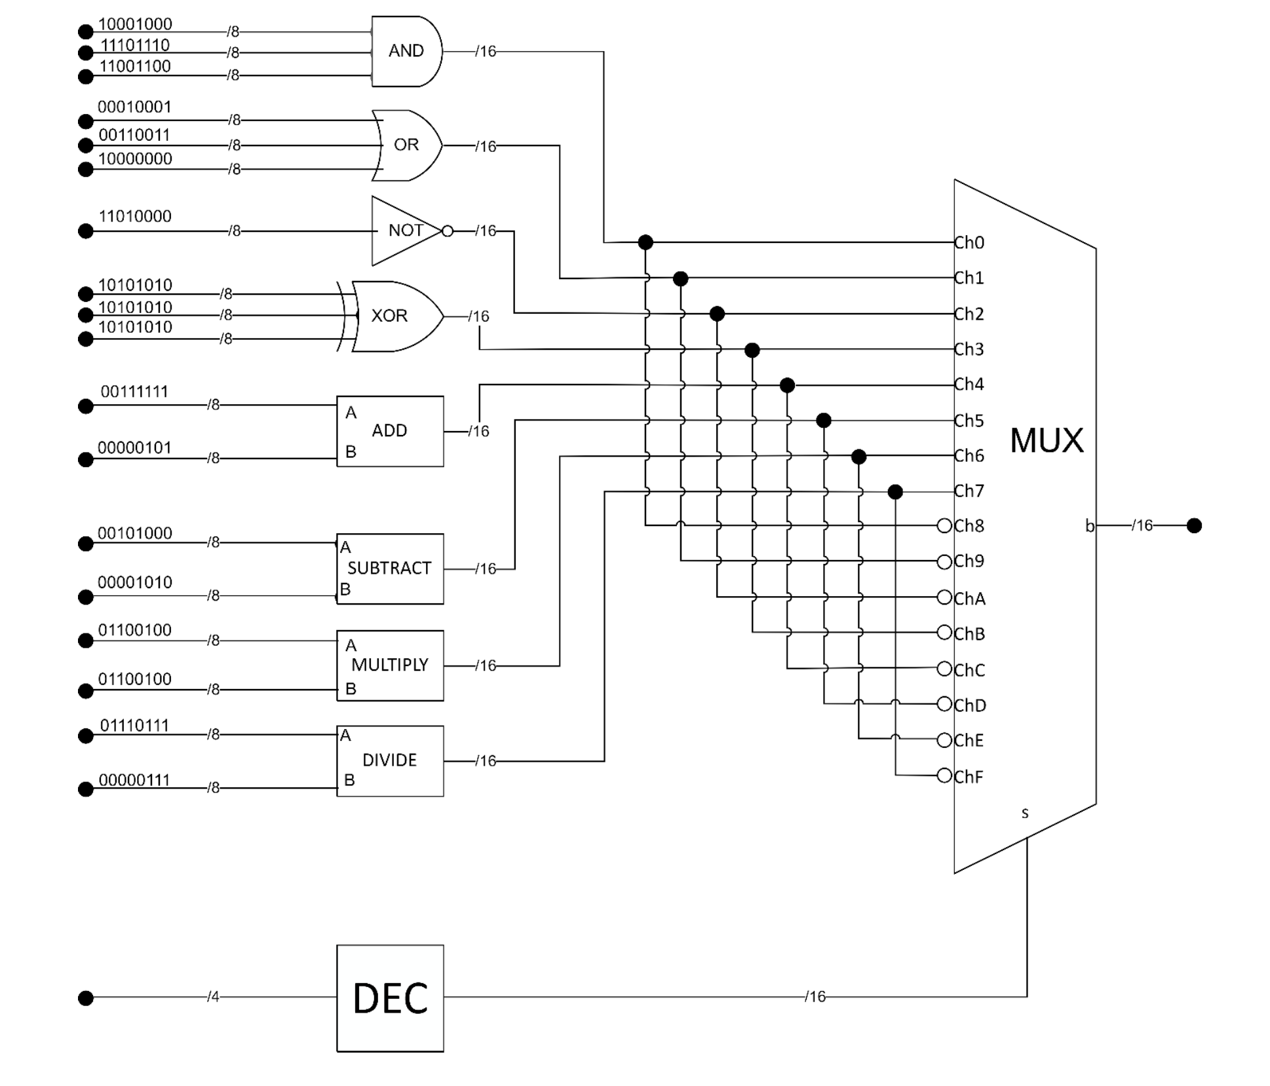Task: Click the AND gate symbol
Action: point(406,51)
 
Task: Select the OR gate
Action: point(406,145)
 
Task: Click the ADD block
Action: point(390,431)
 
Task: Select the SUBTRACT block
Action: point(390,569)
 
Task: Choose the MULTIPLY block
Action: point(390,665)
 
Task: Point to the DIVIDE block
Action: point(390,760)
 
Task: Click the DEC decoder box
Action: point(390,998)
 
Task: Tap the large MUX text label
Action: point(1046,440)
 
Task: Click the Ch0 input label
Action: point(969,243)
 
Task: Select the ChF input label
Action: point(969,777)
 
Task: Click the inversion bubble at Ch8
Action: point(944,525)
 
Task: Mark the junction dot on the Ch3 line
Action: point(752,350)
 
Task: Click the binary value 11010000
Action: point(135,216)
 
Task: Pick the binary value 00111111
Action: point(134,392)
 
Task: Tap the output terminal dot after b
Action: point(1194,525)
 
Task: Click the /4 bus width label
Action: point(213,997)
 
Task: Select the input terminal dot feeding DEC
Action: point(85,998)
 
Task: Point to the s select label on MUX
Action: point(1025,813)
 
